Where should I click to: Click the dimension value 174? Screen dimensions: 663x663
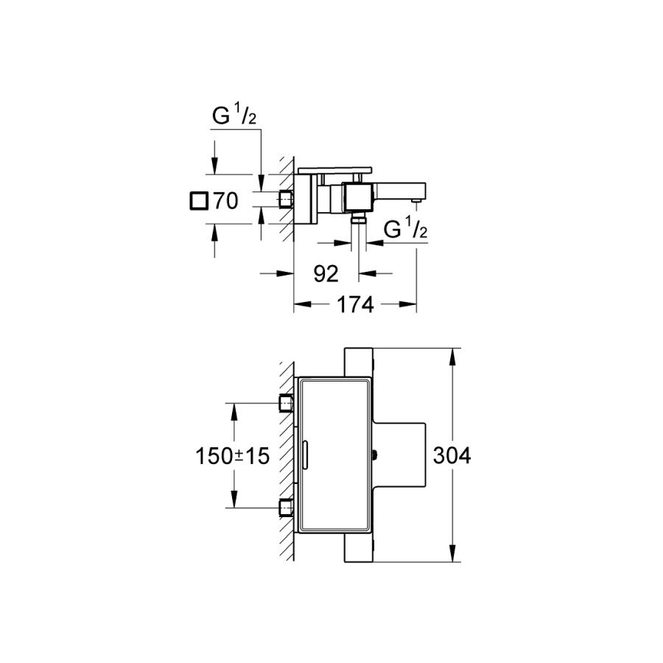pos(355,304)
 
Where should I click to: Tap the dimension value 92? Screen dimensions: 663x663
pos(326,274)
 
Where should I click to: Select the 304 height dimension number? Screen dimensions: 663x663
pos(452,456)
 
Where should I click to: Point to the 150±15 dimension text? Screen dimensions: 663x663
pos(232,456)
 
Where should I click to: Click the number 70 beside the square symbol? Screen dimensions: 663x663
pos(226,200)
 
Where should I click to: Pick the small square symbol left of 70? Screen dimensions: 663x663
pos(199,200)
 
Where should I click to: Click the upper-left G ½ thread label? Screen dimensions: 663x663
pos(234,116)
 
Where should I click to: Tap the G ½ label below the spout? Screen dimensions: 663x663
pos(405,228)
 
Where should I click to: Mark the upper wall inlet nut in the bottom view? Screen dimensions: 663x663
pos(287,403)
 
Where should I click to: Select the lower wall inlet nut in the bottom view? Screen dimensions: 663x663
pos(287,508)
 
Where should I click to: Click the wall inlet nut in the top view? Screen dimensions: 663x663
pos(287,199)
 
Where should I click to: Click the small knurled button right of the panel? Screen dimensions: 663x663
pos(375,455)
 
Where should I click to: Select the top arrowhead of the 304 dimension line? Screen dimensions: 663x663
pos(452,357)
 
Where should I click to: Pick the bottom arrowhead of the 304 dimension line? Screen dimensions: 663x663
pos(452,553)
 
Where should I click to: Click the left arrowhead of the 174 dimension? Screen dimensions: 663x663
pos(303,304)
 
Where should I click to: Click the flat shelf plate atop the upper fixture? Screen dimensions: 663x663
pos(335,170)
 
